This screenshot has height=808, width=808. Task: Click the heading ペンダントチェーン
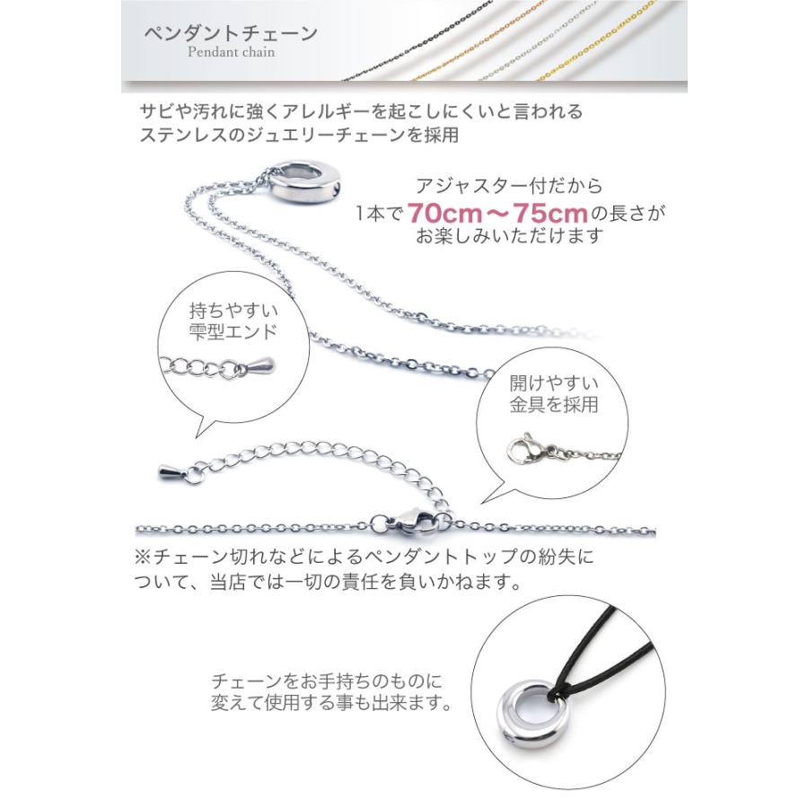pos(231,33)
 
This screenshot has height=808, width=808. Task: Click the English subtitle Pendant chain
pos(233,52)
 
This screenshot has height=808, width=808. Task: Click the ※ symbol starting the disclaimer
pos(143,557)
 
